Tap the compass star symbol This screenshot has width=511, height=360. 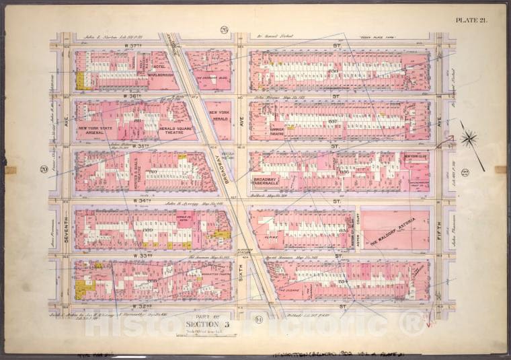point(469,139)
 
